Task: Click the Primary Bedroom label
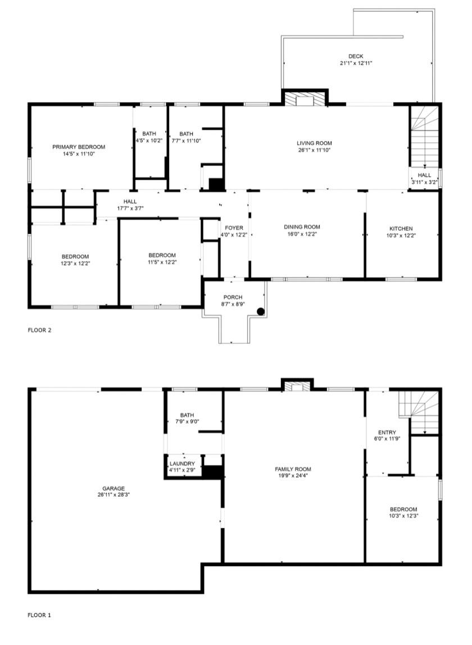(x=79, y=147)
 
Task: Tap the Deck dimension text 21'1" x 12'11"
(x=356, y=63)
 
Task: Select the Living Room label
(x=315, y=143)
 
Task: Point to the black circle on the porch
(x=261, y=311)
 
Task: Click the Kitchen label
(x=401, y=229)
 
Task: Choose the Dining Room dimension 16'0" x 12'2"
(x=302, y=234)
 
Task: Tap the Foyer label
(x=234, y=228)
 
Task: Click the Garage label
(x=114, y=489)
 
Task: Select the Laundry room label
(x=182, y=464)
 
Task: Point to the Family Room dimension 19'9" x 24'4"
(x=293, y=475)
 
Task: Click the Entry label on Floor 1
(x=387, y=432)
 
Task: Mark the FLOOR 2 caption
(x=39, y=330)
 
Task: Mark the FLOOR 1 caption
(x=39, y=615)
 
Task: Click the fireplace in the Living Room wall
(x=305, y=99)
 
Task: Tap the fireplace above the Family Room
(x=297, y=386)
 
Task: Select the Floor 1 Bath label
(x=187, y=415)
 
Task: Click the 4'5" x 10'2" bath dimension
(x=149, y=140)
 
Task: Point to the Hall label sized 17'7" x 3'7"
(x=130, y=202)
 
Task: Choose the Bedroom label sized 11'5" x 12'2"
(x=162, y=255)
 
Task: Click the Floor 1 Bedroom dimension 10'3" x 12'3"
(x=403, y=516)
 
